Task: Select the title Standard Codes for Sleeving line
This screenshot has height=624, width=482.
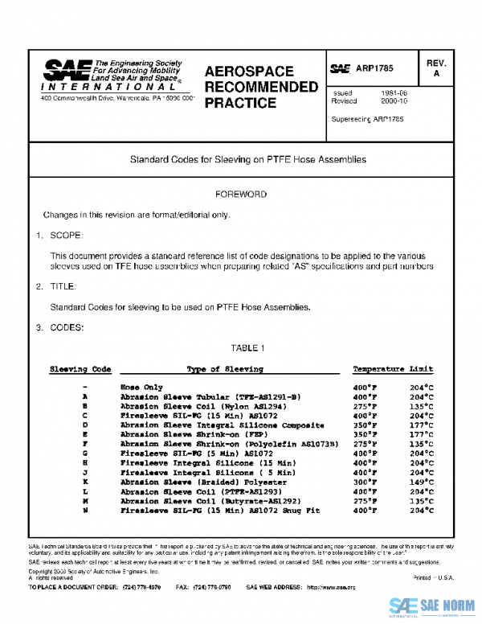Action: (247, 159)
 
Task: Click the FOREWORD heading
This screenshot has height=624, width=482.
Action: (241, 195)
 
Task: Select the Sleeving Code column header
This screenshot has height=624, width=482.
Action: (80, 369)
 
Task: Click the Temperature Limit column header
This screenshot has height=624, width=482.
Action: (393, 369)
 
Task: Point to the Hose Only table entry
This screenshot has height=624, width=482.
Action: (141, 387)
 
